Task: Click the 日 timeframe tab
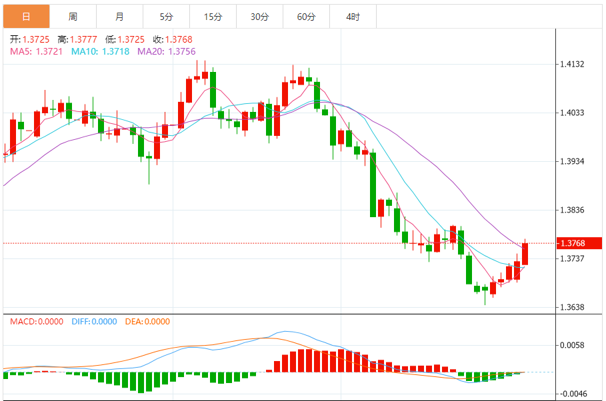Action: (x=26, y=17)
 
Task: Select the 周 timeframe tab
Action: (x=73, y=17)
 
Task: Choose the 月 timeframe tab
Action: (x=119, y=17)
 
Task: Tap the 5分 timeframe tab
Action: (x=166, y=17)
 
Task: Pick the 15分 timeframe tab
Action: (x=213, y=17)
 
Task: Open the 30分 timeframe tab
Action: (x=259, y=17)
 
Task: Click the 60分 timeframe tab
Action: (x=306, y=17)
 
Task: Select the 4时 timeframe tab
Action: (x=353, y=17)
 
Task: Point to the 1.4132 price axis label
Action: (x=572, y=65)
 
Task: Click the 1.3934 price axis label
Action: (x=572, y=162)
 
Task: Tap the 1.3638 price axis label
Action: (x=572, y=308)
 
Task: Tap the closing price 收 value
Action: (x=178, y=40)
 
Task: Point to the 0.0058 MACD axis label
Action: (x=572, y=345)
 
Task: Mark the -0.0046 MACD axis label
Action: (x=572, y=394)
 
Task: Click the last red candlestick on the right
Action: (x=525, y=254)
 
